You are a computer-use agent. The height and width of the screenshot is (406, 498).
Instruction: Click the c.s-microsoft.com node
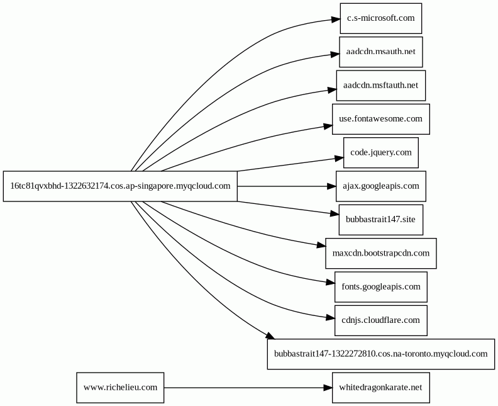click(x=381, y=18)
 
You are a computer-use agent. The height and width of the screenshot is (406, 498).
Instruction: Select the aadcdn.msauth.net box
click(x=381, y=52)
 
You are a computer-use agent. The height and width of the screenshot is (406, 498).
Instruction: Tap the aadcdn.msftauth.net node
click(x=381, y=86)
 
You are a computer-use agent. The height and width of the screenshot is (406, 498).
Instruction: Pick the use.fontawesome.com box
click(x=381, y=119)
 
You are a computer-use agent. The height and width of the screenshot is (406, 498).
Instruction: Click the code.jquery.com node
click(x=381, y=152)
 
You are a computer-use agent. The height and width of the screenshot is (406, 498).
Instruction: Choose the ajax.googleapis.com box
click(x=381, y=186)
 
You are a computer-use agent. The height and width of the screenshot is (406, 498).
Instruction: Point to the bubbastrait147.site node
click(x=381, y=220)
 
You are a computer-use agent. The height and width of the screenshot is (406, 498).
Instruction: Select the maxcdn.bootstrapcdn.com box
click(x=381, y=254)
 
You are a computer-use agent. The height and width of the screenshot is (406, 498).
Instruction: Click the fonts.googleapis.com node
click(x=381, y=287)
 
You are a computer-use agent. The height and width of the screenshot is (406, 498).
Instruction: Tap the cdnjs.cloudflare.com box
click(x=381, y=320)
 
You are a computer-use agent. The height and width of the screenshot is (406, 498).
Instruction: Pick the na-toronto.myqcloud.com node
click(x=381, y=354)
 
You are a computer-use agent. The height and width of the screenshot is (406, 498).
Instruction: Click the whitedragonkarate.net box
click(x=381, y=388)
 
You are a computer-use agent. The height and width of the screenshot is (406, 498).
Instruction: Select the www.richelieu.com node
click(x=120, y=388)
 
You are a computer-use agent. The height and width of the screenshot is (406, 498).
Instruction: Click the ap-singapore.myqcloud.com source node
click(x=120, y=186)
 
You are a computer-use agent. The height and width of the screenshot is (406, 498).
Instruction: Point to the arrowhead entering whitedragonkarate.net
click(x=328, y=388)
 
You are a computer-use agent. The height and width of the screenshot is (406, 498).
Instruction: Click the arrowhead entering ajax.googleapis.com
click(x=331, y=186)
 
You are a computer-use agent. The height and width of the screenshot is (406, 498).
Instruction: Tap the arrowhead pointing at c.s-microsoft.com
click(x=336, y=20)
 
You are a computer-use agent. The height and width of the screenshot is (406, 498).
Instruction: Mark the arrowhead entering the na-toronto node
click(x=270, y=336)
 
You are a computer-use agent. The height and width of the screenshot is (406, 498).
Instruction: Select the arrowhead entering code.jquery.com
click(x=339, y=158)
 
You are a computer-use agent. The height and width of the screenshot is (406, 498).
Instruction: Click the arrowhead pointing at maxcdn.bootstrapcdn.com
click(x=321, y=245)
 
